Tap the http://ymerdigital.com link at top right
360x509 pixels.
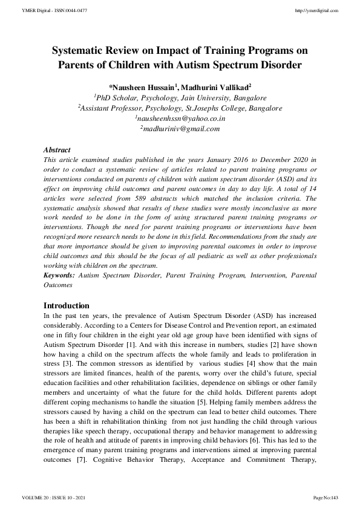(315, 11)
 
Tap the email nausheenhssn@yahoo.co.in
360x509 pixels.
(179, 119)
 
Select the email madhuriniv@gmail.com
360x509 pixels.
(180, 129)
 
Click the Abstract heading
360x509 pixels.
(57, 149)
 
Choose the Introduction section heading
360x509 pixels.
(67, 305)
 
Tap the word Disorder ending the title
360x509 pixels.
(279, 65)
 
